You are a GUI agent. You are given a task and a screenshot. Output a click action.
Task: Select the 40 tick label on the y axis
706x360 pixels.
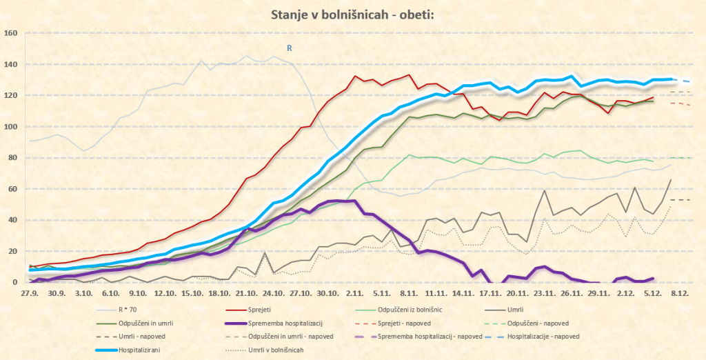click(x=12, y=220)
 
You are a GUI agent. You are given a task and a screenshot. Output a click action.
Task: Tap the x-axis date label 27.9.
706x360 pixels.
click(x=30, y=293)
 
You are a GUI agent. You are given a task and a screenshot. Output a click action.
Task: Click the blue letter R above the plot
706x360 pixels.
click(x=290, y=48)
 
